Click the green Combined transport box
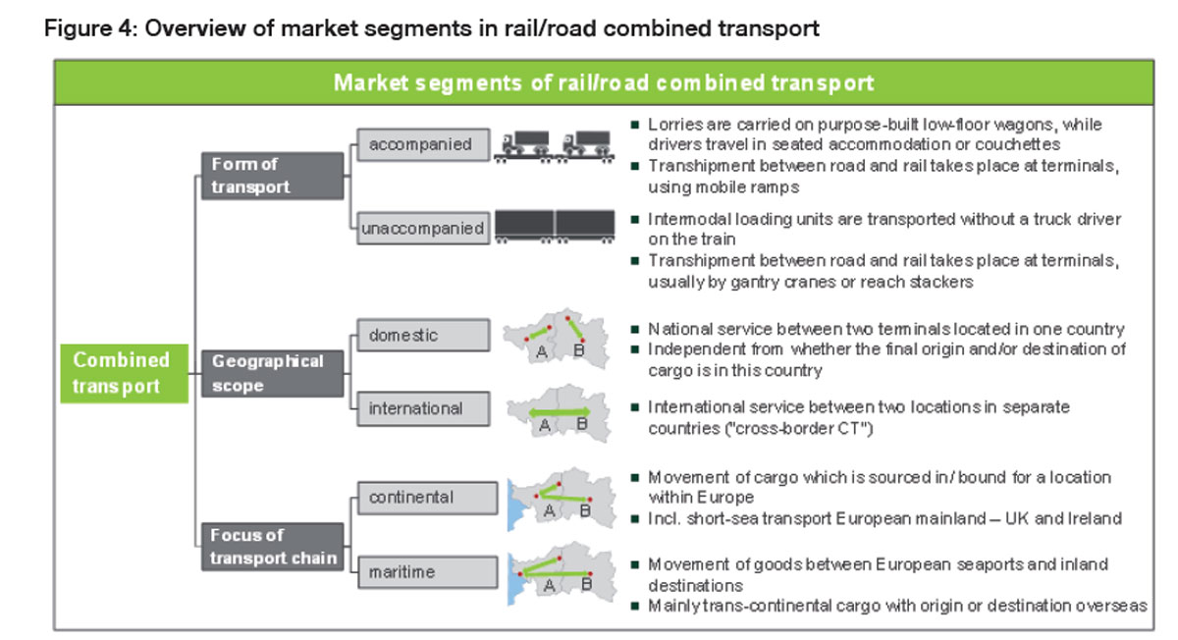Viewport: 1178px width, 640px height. pyautogui.click(x=124, y=374)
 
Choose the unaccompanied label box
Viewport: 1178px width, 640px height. pyautogui.click(x=422, y=229)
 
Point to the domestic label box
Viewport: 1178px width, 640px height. pyautogui.click(x=422, y=335)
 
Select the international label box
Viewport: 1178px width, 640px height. pyautogui.click(x=422, y=407)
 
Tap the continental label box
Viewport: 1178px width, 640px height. pyautogui.click(x=422, y=498)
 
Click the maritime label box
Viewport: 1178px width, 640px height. pyautogui.click(x=422, y=571)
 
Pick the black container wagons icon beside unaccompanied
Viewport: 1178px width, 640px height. pyautogui.click(x=555, y=226)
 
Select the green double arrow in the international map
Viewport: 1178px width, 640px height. pyautogui.click(x=561, y=411)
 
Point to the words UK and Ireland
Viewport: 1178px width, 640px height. pyautogui.click(x=1076, y=518)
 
